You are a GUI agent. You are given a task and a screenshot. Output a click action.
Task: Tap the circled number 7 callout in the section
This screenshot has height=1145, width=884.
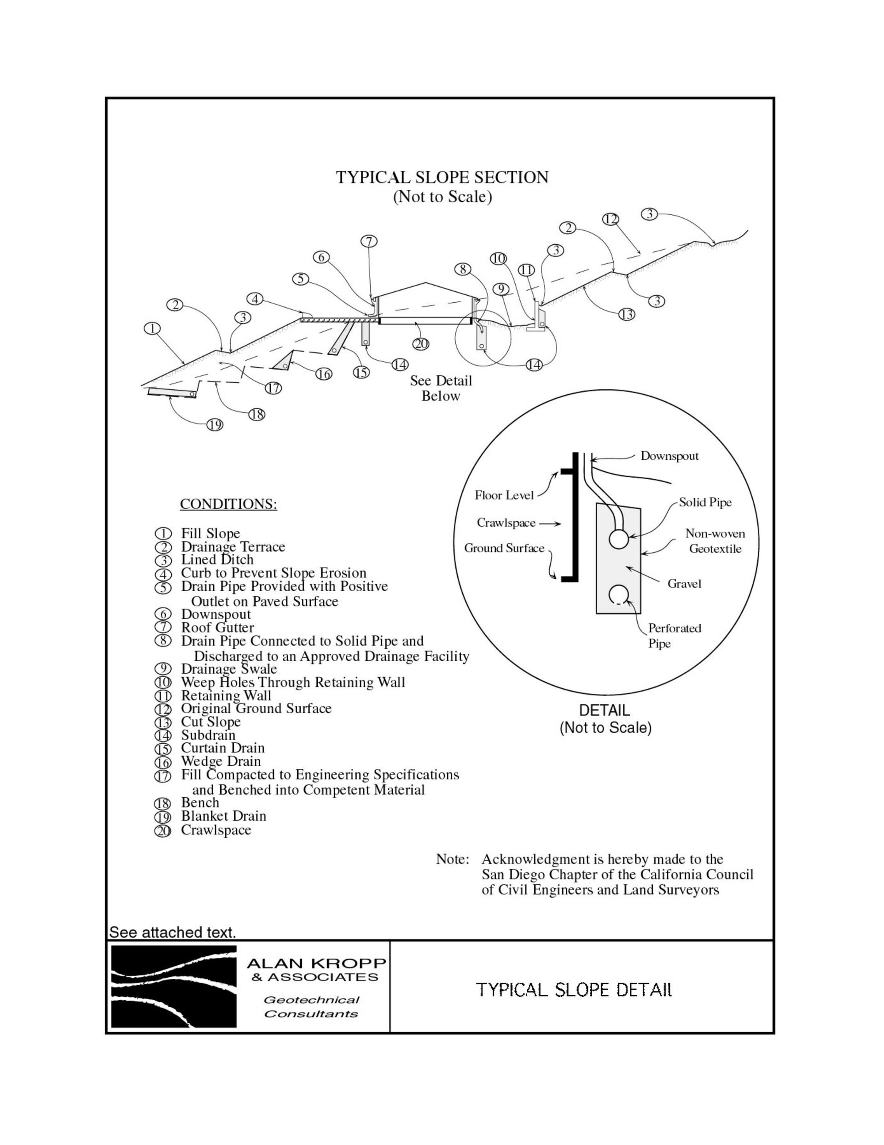[369, 241]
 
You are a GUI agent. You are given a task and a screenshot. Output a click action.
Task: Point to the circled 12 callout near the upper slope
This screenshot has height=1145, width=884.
[611, 219]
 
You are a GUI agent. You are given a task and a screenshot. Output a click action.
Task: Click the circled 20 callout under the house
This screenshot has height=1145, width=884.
[421, 344]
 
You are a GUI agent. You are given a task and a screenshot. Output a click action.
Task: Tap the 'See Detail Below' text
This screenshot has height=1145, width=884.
[441, 388]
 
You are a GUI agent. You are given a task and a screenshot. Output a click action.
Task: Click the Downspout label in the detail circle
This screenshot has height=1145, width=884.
[669, 456]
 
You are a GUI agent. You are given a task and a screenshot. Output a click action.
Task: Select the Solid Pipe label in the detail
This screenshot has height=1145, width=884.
[705, 502]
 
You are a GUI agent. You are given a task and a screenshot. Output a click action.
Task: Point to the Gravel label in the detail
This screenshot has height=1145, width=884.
[684, 583]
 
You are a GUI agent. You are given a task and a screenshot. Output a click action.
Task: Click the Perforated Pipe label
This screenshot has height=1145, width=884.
[674, 635]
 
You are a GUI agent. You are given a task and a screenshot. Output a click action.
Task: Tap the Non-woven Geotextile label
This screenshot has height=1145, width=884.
[715, 541]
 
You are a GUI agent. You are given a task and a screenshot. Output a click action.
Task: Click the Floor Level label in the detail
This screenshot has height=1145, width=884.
[504, 495]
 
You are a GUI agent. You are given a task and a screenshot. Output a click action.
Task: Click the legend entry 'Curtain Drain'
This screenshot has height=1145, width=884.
[223, 748]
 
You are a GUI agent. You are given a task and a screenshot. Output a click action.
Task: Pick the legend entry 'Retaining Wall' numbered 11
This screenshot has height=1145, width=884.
[226, 696]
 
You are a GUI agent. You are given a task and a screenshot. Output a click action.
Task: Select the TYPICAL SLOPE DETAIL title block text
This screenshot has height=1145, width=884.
[574, 990]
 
